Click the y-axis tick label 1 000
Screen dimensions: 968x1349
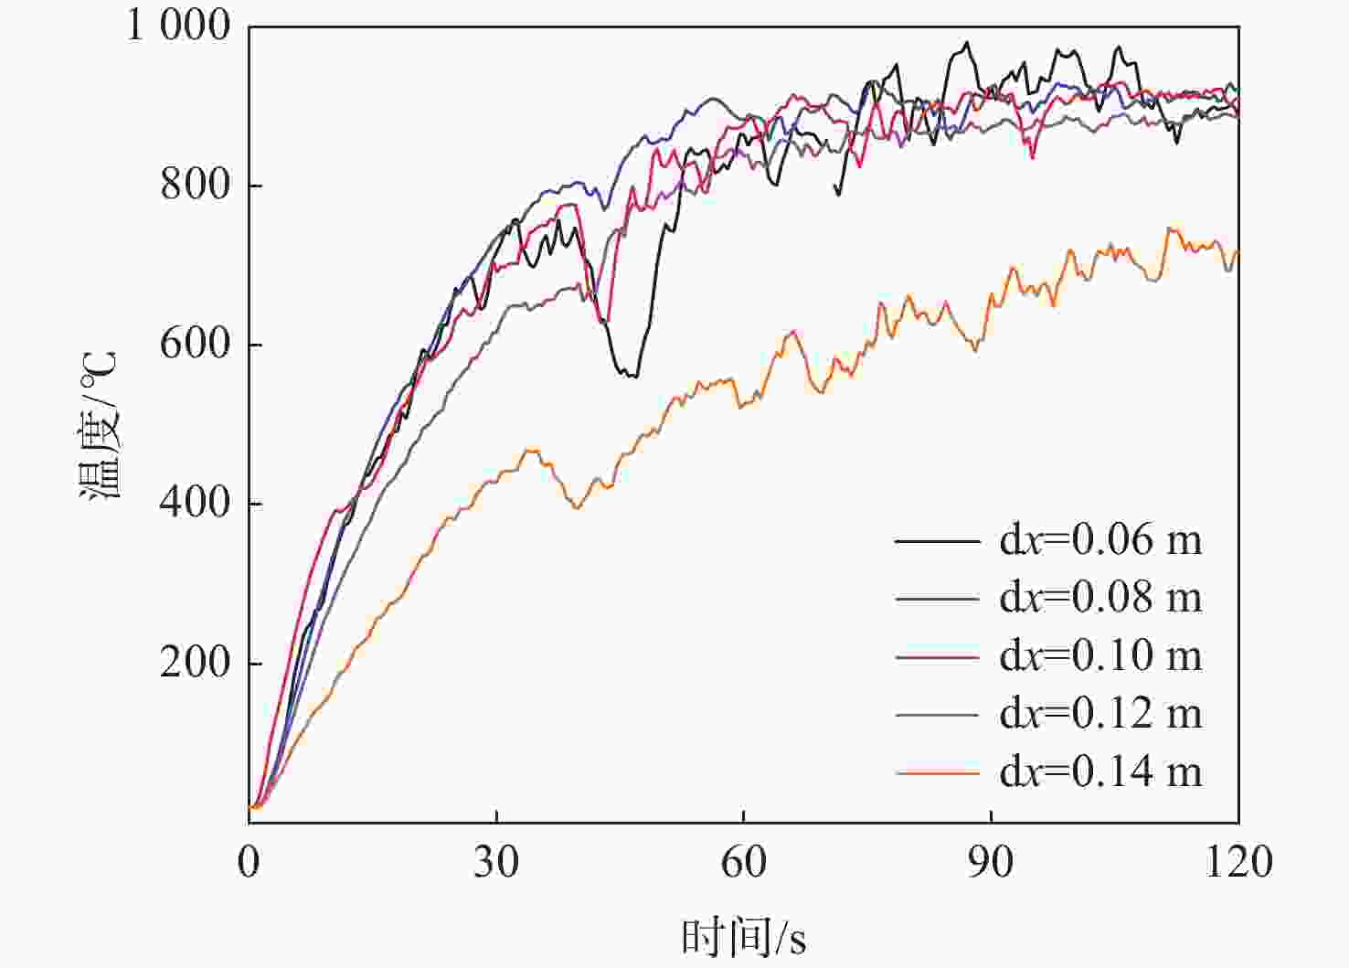coord(179,26)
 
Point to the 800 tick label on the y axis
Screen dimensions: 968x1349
coord(196,185)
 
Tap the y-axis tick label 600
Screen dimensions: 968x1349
coord(196,344)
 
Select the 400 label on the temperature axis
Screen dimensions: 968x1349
coord(196,503)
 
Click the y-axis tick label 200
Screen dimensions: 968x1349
coord(196,663)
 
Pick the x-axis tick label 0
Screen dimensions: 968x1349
coord(249,862)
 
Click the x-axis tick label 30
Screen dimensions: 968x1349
coord(496,862)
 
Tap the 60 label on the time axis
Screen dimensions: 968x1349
coord(744,862)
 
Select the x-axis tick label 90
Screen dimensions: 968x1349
coord(991,862)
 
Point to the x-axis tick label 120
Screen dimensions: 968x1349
coord(1238,862)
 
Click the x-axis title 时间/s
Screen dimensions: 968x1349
coord(743,937)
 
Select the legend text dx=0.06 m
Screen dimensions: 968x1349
coord(1100,540)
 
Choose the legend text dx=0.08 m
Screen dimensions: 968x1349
coord(1100,598)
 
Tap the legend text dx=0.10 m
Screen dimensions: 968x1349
coord(1100,655)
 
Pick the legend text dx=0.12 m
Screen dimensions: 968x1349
coord(1100,714)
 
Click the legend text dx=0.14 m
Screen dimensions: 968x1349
coord(1100,772)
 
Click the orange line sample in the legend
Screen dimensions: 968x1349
coord(937,773)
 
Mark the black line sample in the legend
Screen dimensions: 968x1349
coord(937,541)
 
